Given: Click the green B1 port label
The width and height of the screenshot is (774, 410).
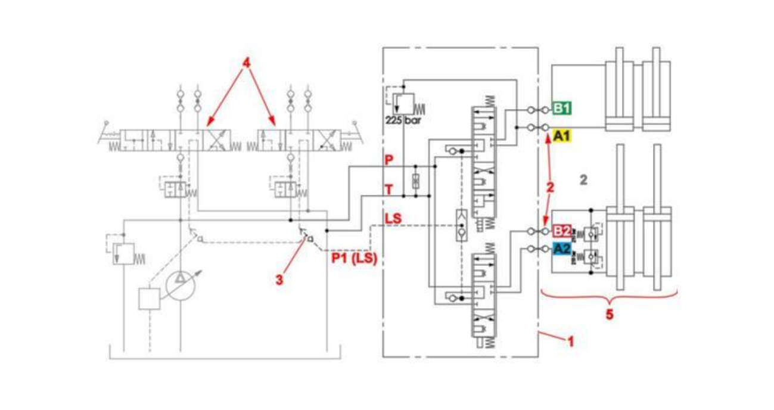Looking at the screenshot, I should click(562, 108).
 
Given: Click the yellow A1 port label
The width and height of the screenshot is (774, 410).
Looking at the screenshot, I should click(562, 136).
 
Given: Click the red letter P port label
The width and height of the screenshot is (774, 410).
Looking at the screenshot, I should click(388, 160).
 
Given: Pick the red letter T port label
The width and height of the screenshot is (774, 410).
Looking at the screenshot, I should click(388, 190).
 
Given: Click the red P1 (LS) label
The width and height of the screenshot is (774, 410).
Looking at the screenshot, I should click(354, 259).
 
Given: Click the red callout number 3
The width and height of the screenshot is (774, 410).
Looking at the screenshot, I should click(279, 277).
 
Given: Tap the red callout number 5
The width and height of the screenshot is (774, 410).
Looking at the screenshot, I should click(609, 315).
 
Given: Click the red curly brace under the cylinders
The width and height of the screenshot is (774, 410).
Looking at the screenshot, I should click(609, 296).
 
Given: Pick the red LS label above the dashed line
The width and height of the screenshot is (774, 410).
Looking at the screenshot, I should click(392, 219).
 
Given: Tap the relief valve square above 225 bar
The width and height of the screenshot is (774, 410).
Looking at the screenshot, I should click(405, 102).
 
